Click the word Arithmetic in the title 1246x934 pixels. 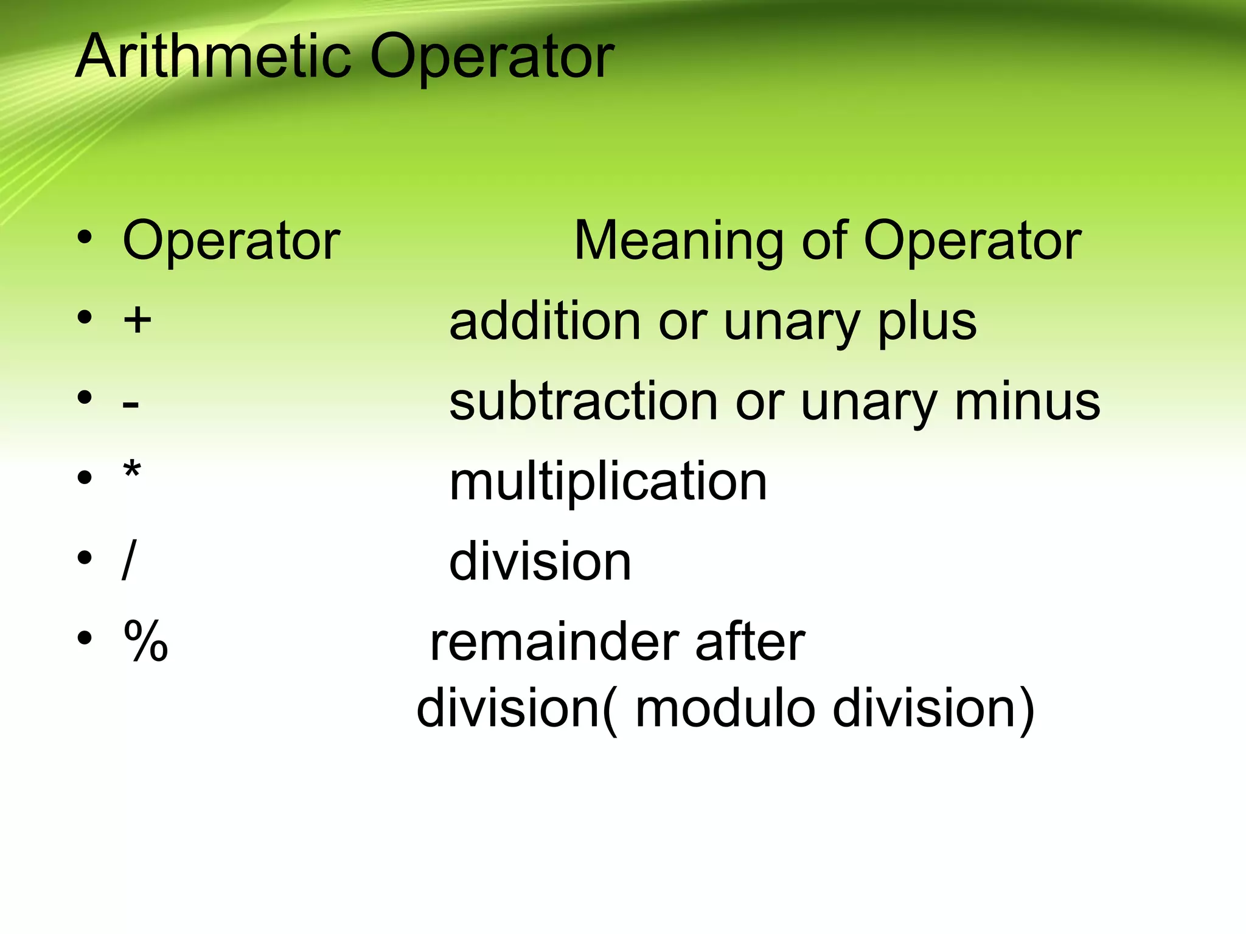coord(214,57)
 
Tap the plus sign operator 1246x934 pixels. coord(137,319)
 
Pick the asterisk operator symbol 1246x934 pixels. coord(131,471)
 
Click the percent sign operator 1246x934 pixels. coord(145,641)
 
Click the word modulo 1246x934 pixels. coord(725,709)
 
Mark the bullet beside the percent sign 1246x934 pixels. coord(85,638)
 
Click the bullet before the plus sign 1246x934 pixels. coord(85,317)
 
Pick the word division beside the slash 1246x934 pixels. coord(540,562)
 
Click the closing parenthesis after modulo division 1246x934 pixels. coord(1026,710)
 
